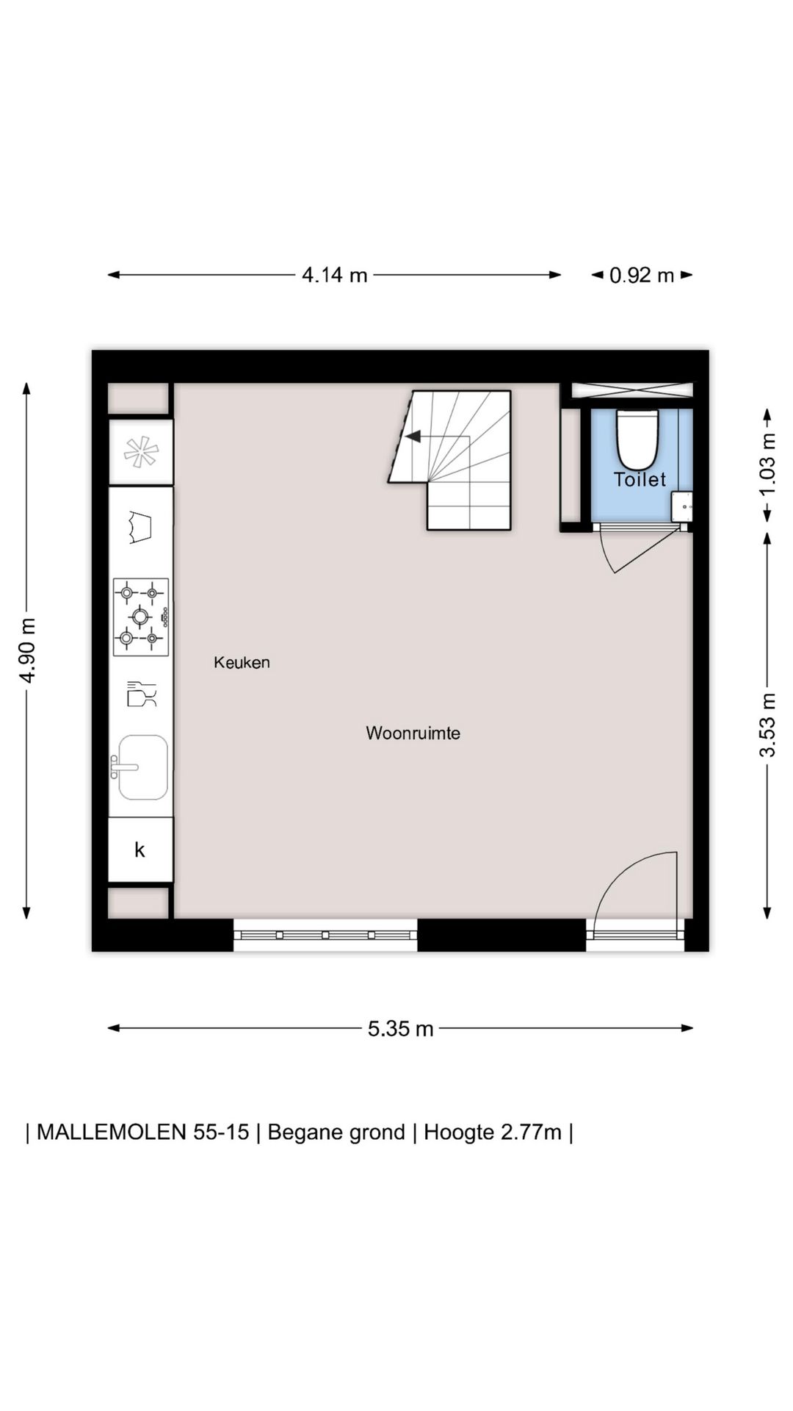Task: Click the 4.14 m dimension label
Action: click(x=335, y=275)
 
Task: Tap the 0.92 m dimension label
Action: click(x=642, y=275)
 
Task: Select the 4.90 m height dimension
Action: click(x=27, y=650)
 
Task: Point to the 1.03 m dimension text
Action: click(x=767, y=464)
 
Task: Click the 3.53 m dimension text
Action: click(x=767, y=725)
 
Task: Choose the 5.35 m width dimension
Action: click(x=401, y=1028)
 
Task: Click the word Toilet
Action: click(x=640, y=479)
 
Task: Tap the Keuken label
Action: click(x=242, y=662)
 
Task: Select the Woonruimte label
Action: click(x=413, y=733)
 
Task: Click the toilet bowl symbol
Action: click(x=637, y=439)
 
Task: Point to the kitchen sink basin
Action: click(x=143, y=767)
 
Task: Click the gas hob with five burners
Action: click(x=141, y=617)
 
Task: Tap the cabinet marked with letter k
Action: click(x=140, y=850)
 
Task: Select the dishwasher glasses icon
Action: click(x=142, y=694)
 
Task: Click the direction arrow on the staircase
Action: click(x=413, y=437)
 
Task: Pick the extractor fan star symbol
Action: click(x=141, y=452)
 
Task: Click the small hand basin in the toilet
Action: click(x=682, y=507)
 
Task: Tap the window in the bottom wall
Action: click(x=325, y=935)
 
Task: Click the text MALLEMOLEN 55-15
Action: click(x=143, y=1132)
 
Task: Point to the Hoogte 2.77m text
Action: click(x=493, y=1132)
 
